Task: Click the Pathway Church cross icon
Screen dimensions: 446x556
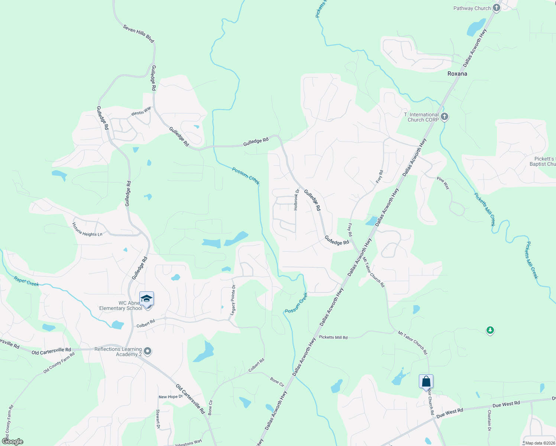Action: coord(497,8)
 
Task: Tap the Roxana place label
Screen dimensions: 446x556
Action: coord(457,74)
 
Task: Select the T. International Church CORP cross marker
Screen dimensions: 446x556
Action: coord(445,117)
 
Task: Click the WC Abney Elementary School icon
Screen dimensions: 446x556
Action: coord(146,299)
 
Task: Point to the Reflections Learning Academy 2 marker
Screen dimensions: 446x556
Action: coord(148,351)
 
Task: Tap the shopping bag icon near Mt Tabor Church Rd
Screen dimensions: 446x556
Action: coord(426,382)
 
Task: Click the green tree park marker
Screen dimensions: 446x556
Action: coord(490,330)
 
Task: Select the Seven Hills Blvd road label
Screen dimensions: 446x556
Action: coord(138,33)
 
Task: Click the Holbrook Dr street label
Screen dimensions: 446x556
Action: coord(296,200)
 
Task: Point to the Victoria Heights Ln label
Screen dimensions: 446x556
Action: coord(87,230)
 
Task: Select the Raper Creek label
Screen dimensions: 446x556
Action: coord(26,281)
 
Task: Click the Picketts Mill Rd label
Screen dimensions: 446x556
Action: coord(333,337)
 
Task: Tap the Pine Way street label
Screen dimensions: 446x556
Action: coord(443,183)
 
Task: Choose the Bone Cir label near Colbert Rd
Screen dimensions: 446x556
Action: coord(277,382)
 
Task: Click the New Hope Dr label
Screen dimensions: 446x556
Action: coord(171,397)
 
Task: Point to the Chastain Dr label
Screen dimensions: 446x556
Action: coord(489,420)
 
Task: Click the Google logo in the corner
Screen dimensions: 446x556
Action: coord(12,442)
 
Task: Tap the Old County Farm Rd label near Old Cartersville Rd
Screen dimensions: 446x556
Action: coord(59,363)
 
